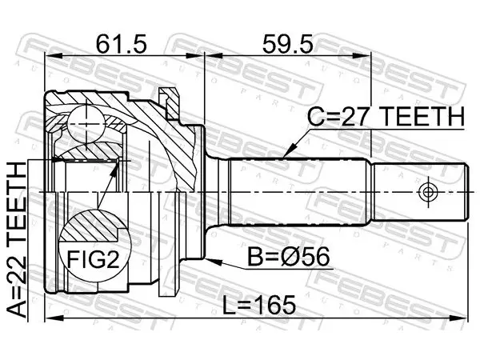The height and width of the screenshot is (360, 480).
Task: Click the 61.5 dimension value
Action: click(122, 43)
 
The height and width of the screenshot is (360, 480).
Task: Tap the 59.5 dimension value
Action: click(288, 43)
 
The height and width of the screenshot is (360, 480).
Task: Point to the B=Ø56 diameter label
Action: click(289, 257)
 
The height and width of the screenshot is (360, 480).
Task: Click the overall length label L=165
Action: click(259, 305)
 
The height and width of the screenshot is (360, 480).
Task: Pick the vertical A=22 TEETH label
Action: click(17, 240)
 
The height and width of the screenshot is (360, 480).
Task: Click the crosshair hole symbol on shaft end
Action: click(428, 192)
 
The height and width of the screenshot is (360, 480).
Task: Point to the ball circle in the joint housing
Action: click(87, 124)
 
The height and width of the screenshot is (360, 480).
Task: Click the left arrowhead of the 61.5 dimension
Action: click(54, 56)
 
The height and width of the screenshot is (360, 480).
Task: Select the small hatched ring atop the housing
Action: click(169, 103)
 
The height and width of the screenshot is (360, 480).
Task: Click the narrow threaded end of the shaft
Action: click(420, 192)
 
